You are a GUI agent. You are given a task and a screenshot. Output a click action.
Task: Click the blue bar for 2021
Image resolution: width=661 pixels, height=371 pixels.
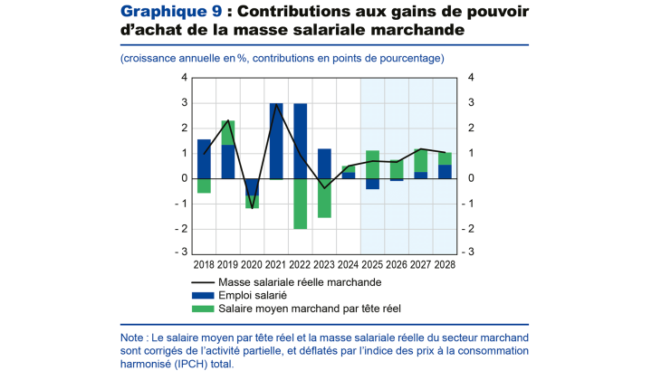pos(276,140)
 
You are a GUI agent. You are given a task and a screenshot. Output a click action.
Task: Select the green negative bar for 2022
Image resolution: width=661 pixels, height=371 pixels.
pos(300,204)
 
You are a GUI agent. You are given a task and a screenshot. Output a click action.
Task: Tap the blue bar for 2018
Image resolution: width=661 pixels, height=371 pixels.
pos(204,158)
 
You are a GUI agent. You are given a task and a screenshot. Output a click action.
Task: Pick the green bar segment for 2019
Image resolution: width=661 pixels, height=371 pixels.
pos(228,133)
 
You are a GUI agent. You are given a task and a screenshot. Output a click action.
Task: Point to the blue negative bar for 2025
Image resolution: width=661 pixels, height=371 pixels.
pos(372,184)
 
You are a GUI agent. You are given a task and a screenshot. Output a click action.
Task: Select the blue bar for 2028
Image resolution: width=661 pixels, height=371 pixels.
pos(445,171)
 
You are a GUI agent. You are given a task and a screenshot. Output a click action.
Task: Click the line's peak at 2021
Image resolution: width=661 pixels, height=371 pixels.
pos(276,104)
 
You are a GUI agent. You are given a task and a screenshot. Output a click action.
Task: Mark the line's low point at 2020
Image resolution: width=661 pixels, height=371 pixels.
pos(252,208)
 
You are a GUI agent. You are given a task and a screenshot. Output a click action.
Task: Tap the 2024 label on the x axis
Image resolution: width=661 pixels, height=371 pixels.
pos(349,264)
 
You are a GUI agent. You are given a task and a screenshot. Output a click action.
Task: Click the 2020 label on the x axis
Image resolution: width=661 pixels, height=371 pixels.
pos(252,264)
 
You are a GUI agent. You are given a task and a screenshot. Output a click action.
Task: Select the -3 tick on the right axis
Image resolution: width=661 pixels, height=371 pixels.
pos(468,252)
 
